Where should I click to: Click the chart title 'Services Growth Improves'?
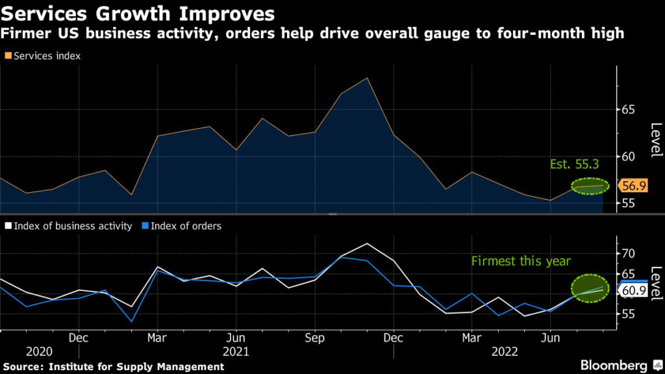(137, 13)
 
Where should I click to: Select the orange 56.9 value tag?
(633, 186)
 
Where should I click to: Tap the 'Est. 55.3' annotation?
(571, 165)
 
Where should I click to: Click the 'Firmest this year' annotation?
(521, 261)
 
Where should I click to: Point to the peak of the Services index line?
(368, 78)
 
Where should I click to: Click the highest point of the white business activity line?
(368, 243)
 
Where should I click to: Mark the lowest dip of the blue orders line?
(132, 321)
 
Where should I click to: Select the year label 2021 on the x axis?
(236, 351)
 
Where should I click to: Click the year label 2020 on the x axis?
(39, 351)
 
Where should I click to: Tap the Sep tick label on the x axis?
(314, 338)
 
